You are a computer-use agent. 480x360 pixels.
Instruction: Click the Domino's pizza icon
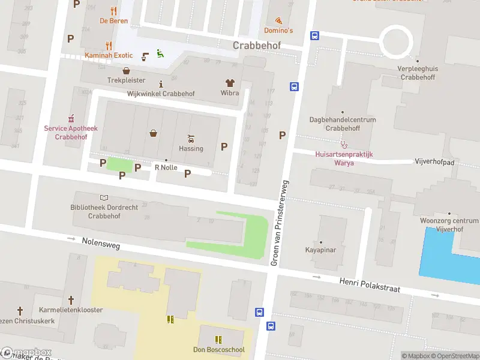278,20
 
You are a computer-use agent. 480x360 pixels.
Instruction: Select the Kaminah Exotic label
108,55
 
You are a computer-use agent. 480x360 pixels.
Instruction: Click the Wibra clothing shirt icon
230,83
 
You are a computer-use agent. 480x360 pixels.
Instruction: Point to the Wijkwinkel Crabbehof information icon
161,84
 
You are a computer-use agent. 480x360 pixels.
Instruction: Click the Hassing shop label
191,148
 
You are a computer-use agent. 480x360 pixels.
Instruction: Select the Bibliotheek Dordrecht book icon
104,197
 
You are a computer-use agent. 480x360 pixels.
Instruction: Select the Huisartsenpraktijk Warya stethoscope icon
344,144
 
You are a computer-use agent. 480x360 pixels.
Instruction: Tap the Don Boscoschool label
218,350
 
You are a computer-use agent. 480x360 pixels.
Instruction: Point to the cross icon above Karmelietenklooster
71,299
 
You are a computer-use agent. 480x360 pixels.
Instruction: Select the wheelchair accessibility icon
159,54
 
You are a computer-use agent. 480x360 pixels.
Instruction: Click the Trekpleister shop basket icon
127,70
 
